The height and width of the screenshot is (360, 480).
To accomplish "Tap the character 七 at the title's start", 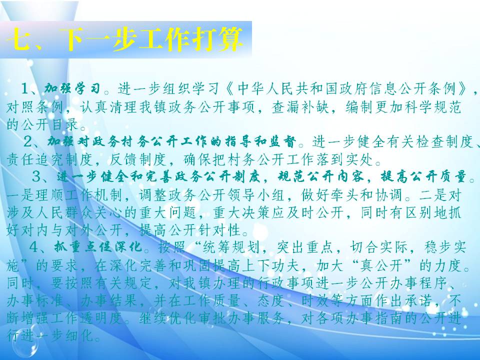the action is click(19, 39).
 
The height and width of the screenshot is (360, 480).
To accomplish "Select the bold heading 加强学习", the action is click(72, 88).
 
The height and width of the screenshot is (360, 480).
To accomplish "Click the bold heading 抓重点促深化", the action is click(98, 246).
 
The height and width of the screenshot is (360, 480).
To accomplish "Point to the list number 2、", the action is click(34, 141).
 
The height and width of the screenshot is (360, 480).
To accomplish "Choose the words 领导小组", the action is click(256, 195).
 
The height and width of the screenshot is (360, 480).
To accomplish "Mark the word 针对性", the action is click(219, 230).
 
